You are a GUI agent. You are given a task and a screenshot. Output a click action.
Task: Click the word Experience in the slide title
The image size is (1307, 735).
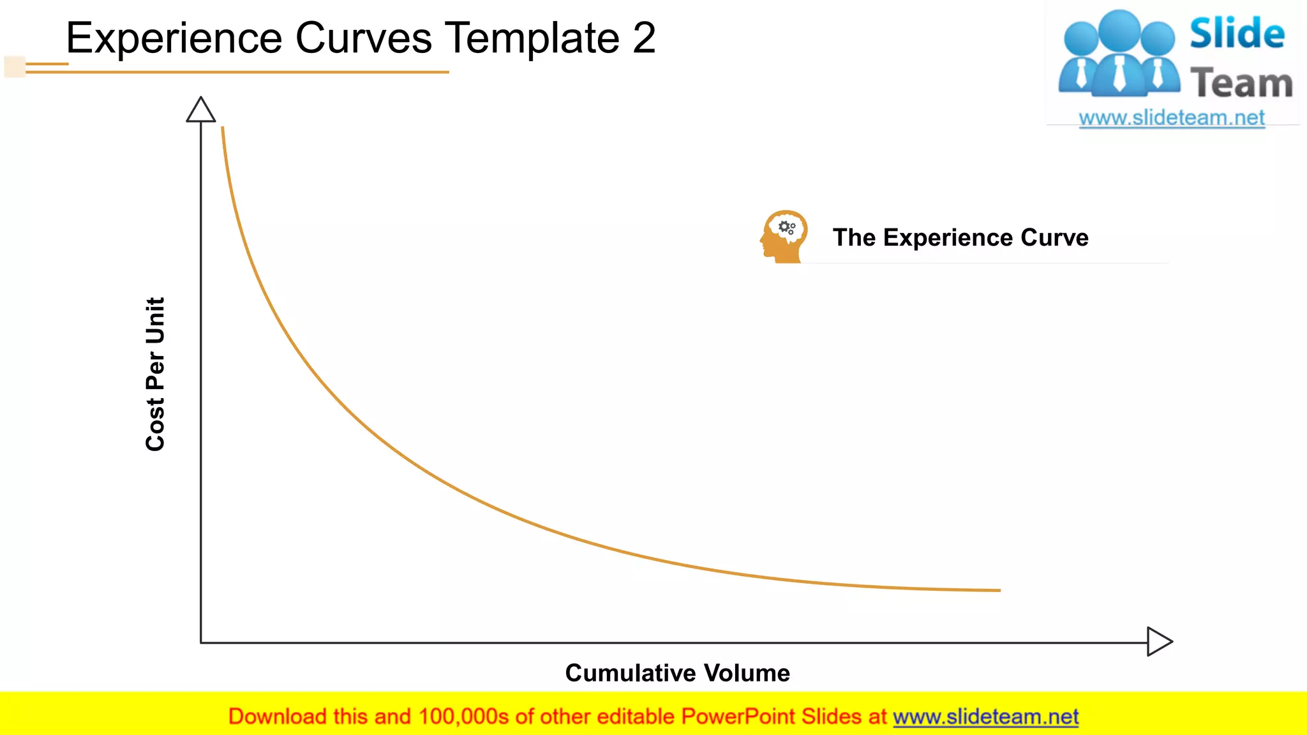tap(174, 38)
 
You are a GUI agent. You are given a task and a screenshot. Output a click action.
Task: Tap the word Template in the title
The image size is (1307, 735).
tap(532, 38)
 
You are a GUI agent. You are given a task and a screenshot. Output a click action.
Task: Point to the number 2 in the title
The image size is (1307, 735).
tap(644, 38)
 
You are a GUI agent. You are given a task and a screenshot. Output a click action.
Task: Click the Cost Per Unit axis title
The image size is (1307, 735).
tap(155, 374)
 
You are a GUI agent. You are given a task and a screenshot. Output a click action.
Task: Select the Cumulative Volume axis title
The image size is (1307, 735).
tap(677, 673)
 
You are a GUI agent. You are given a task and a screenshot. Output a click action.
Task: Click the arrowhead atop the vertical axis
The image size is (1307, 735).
tap(201, 110)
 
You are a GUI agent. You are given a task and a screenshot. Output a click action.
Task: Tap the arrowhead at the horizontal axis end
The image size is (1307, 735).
tap(1159, 641)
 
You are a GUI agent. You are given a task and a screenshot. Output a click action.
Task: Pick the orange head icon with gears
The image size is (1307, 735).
tap(784, 237)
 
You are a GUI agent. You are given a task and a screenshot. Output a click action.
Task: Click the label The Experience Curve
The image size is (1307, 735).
tap(960, 237)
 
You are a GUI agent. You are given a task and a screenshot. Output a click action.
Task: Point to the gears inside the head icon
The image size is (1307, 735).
tap(788, 227)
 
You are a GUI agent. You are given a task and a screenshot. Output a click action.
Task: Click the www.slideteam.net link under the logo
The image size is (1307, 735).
tap(1172, 118)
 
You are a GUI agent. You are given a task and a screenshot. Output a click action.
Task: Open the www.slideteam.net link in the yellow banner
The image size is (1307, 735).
tap(985, 716)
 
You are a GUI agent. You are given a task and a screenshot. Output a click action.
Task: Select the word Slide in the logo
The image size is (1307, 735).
tap(1237, 34)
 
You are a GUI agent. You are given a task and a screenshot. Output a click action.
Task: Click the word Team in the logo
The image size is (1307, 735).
tap(1241, 84)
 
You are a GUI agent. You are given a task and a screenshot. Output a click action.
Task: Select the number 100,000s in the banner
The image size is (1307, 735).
tap(463, 716)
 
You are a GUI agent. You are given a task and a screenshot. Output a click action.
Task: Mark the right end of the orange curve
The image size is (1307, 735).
tap(999, 590)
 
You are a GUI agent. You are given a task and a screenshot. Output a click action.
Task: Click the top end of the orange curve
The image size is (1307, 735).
tap(223, 128)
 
